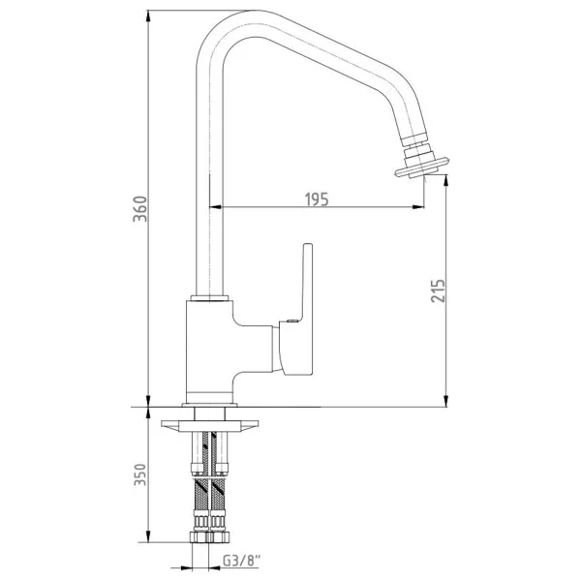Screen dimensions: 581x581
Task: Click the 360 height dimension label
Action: pos(140,208)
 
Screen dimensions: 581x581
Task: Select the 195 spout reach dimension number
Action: pos(317,199)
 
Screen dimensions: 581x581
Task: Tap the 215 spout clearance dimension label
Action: pos(438,290)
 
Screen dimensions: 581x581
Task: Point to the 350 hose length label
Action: pos(140,474)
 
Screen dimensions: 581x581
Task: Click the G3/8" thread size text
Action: pos(241,561)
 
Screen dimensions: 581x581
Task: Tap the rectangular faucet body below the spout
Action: pos(209,352)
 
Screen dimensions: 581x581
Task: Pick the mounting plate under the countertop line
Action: pos(209,426)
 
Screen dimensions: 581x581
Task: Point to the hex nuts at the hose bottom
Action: pos(210,536)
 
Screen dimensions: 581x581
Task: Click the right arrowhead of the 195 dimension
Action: pos(418,207)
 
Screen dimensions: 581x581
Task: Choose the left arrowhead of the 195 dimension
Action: pos(215,207)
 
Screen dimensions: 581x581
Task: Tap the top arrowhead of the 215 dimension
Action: pos(446,181)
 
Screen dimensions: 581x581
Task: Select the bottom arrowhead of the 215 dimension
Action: pos(446,400)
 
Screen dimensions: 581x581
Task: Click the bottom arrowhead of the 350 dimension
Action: pos(148,535)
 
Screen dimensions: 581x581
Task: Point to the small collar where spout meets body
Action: pos(209,298)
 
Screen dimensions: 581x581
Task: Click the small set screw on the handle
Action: pos(292,321)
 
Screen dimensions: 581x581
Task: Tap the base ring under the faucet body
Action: pos(209,405)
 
